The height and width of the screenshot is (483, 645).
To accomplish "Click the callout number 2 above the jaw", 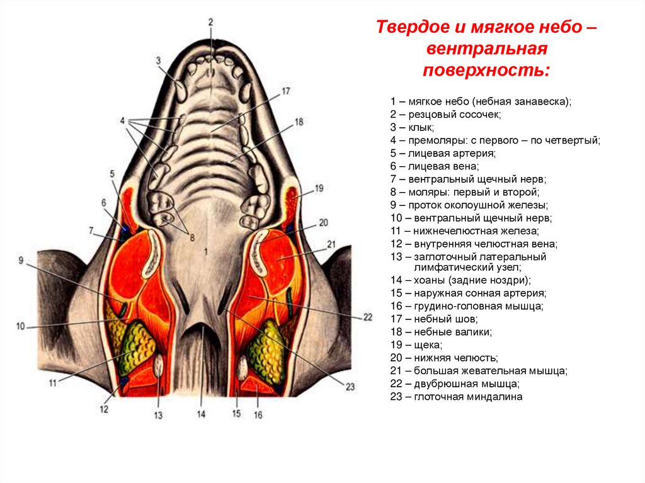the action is coord(210,23).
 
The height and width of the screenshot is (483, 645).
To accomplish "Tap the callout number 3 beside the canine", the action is coord(159,60).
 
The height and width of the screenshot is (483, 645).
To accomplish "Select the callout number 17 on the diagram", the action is coord(285,91).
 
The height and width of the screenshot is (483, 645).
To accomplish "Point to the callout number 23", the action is coord(350,387).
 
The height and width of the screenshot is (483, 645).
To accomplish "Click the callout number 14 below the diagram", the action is coord(201,414).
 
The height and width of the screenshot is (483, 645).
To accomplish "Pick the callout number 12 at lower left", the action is coord(104,409).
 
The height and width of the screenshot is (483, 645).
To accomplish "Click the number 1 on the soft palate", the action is coord(205,251).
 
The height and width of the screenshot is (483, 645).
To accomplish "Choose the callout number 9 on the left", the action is coord(20,260).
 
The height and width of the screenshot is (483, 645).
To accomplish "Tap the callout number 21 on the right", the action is coord(331,244).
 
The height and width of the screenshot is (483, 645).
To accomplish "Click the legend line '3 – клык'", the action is coord(411,127).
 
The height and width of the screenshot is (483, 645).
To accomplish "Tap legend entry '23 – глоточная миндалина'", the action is coord(456,397).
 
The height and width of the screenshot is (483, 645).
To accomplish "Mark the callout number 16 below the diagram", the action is coord(258,415).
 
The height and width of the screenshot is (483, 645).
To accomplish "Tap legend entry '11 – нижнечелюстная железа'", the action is coord(464,231).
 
